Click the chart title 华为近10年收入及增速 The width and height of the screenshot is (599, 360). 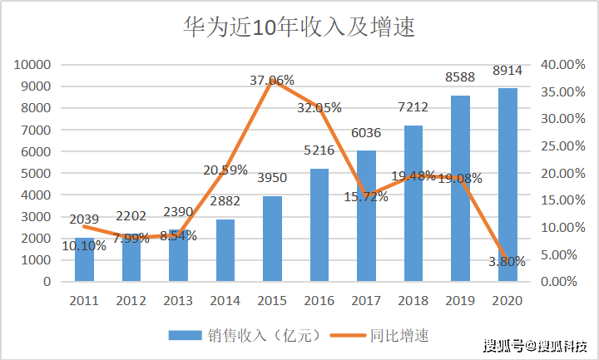[x=299, y=27]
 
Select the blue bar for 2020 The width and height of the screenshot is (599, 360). [x=507, y=185]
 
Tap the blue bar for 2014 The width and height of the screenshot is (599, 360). [x=225, y=250]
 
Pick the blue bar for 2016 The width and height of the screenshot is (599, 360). [x=319, y=225]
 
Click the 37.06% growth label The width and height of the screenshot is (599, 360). [x=272, y=80]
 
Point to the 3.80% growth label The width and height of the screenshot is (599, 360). [x=507, y=262]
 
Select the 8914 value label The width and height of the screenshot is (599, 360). [x=507, y=71]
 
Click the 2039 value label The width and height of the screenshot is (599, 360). [x=84, y=219]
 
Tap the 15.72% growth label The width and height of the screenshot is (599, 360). [x=366, y=196]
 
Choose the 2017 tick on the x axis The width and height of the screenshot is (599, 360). [x=366, y=301]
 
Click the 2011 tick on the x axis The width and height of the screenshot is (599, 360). [x=84, y=301]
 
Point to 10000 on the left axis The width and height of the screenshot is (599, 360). [x=32, y=65]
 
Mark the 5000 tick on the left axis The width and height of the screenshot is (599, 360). [x=36, y=173]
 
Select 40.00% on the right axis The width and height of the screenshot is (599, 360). [x=562, y=65]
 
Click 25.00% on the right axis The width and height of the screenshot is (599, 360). [x=562, y=145]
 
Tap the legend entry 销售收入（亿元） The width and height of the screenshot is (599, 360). [x=245, y=336]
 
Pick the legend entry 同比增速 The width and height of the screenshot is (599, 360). [x=379, y=336]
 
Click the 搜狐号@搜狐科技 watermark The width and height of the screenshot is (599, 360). [x=536, y=346]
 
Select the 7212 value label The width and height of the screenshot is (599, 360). [x=413, y=107]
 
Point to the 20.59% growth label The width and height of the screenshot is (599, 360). [x=225, y=170]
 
